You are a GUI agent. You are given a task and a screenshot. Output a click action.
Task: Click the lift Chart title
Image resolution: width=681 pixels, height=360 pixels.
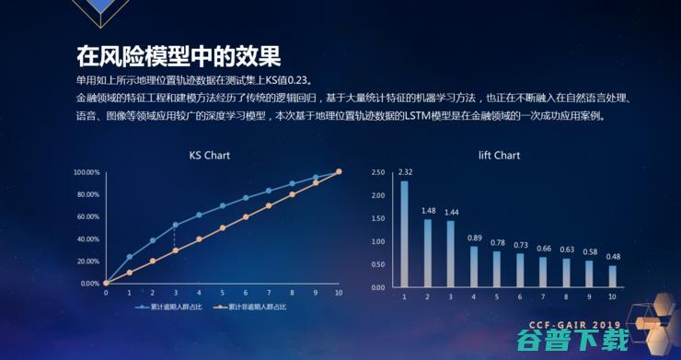click(x=499, y=156)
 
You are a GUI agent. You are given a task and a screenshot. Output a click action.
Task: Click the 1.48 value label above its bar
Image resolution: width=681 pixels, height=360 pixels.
click(x=428, y=211)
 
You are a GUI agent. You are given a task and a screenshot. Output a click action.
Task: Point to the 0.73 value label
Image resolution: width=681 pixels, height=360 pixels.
click(x=520, y=244)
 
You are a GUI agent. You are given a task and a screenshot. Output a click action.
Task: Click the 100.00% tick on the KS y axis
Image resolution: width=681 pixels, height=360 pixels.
click(x=87, y=172)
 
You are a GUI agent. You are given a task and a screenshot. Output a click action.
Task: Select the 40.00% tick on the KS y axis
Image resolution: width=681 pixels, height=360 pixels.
click(x=88, y=238)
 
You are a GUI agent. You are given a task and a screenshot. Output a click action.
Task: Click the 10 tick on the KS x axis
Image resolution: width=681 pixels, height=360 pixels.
click(x=339, y=293)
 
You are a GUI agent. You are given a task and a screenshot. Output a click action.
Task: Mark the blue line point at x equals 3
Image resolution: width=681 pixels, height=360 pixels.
click(x=175, y=225)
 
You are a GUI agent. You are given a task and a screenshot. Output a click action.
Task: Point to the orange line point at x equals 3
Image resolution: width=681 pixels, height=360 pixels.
click(x=175, y=250)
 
